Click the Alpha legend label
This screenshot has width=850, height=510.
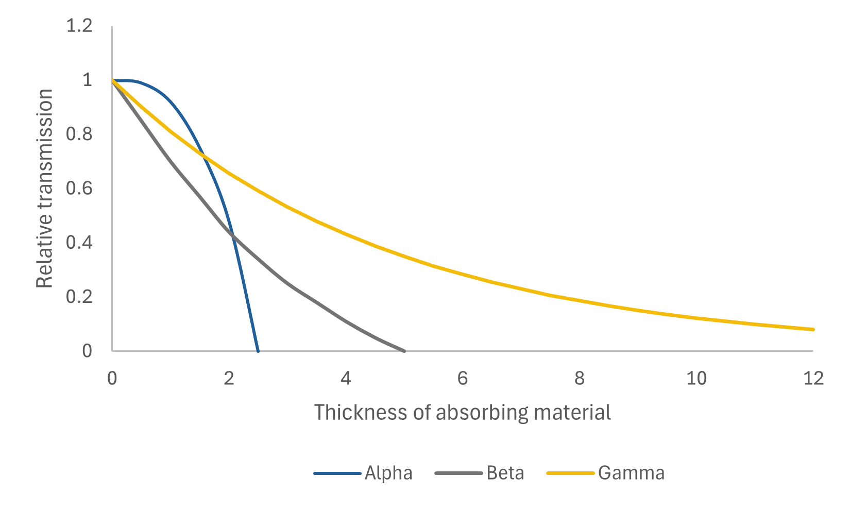click(x=388, y=473)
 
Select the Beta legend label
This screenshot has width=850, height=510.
click(x=505, y=473)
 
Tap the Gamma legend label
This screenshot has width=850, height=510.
click(x=631, y=473)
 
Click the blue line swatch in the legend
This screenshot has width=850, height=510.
click(x=337, y=473)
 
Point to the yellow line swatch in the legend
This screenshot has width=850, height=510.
click(x=570, y=473)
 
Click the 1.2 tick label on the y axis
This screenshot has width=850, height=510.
click(x=79, y=26)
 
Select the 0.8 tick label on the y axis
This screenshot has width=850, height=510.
click(x=79, y=134)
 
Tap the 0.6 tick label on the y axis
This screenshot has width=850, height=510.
click(x=79, y=189)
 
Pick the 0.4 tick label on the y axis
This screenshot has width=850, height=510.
click(x=79, y=243)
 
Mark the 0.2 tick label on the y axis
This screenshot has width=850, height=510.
click(x=79, y=297)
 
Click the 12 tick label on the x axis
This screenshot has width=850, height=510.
click(x=813, y=379)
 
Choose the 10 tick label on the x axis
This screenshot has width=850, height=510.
click(x=696, y=379)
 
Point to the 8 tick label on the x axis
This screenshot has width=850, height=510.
click(x=580, y=379)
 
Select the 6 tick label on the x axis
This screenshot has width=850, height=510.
click(x=463, y=379)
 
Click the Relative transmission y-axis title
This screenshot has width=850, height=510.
click(x=45, y=189)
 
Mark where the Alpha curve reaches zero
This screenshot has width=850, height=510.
click(x=258, y=351)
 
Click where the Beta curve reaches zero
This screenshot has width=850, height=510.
click(x=404, y=351)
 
